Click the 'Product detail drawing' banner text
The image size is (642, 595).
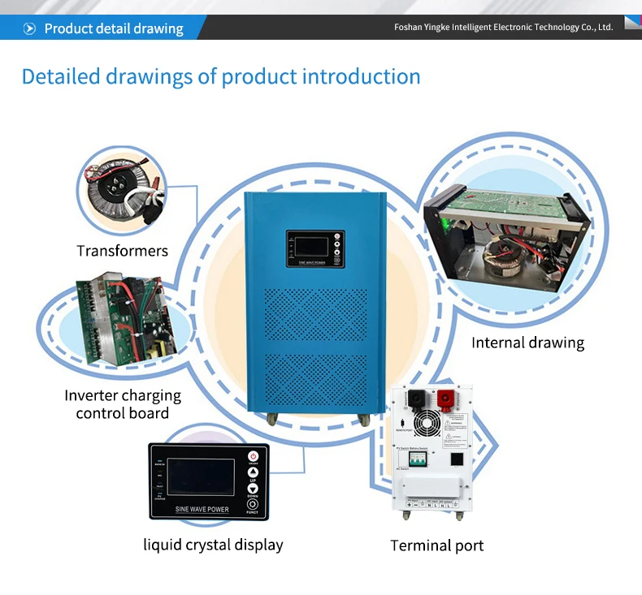(114, 29)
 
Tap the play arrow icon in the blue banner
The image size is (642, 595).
(30, 29)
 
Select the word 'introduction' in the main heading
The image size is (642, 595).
(362, 77)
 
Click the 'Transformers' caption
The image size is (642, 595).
(122, 251)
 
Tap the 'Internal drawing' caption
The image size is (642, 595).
(527, 343)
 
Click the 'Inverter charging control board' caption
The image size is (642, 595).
(122, 404)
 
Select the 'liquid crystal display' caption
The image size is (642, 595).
(213, 545)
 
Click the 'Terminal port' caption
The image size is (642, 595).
(436, 545)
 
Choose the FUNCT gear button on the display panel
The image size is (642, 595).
(253, 504)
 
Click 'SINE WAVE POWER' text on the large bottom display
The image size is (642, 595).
(202, 510)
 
